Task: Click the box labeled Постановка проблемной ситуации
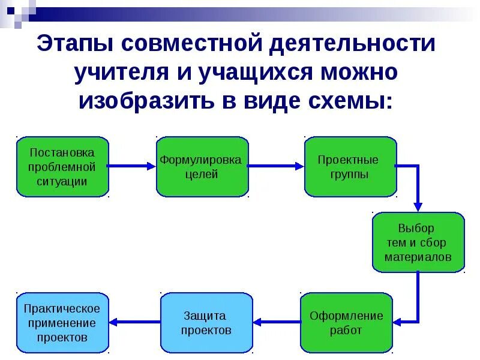pos(62,166)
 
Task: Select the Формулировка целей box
pos(202,166)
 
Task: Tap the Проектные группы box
pos(350,166)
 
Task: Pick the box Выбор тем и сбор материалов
pos(418,242)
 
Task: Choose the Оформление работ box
pos(346,322)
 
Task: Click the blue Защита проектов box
pos(206,322)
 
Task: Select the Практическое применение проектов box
pos(62,322)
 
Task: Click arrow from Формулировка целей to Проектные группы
pos(276,166)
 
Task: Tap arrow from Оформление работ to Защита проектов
pos(276,322)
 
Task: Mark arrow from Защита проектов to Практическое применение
pos(134,322)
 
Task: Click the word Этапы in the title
pos(74,44)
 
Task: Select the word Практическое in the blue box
pos(62,308)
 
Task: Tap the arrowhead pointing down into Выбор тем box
pos(418,206)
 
